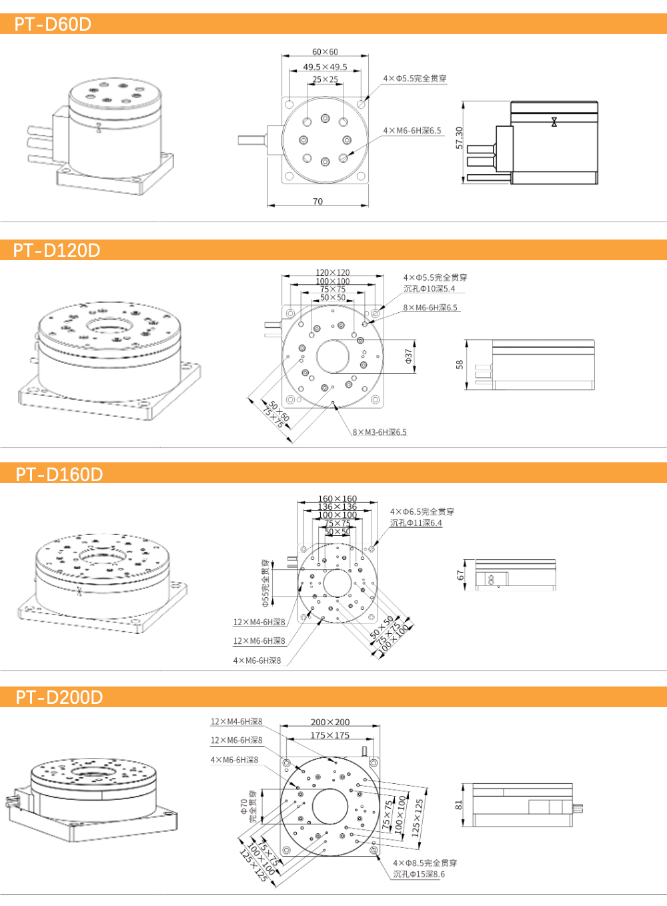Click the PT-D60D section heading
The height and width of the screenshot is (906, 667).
point(53,24)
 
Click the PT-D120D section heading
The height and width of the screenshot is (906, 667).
point(57,250)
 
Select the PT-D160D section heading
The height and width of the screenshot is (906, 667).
point(59,474)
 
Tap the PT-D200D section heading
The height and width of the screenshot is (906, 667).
point(59,697)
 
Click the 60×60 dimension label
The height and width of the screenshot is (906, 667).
point(325,52)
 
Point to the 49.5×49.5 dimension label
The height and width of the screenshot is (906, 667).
point(325,67)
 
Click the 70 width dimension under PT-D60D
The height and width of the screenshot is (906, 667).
point(317,201)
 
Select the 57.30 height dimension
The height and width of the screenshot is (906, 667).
point(459,138)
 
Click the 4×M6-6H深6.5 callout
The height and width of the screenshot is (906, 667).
point(412,131)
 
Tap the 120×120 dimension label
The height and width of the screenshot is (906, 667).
point(332,272)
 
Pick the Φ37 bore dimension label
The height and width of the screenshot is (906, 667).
point(409,357)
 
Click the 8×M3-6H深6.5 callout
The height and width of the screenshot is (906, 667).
point(380,432)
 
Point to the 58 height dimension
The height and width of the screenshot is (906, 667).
point(460,364)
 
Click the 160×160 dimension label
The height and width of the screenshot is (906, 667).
point(337,498)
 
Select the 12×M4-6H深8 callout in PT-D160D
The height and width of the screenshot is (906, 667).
point(259,622)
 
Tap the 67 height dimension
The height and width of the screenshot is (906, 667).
point(460,574)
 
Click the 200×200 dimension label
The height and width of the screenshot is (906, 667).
point(329,722)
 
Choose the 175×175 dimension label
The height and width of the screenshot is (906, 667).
point(329,735)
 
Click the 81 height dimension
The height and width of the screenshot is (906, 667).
point(459,805)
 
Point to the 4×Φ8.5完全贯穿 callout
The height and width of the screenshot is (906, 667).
point(425,863)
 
